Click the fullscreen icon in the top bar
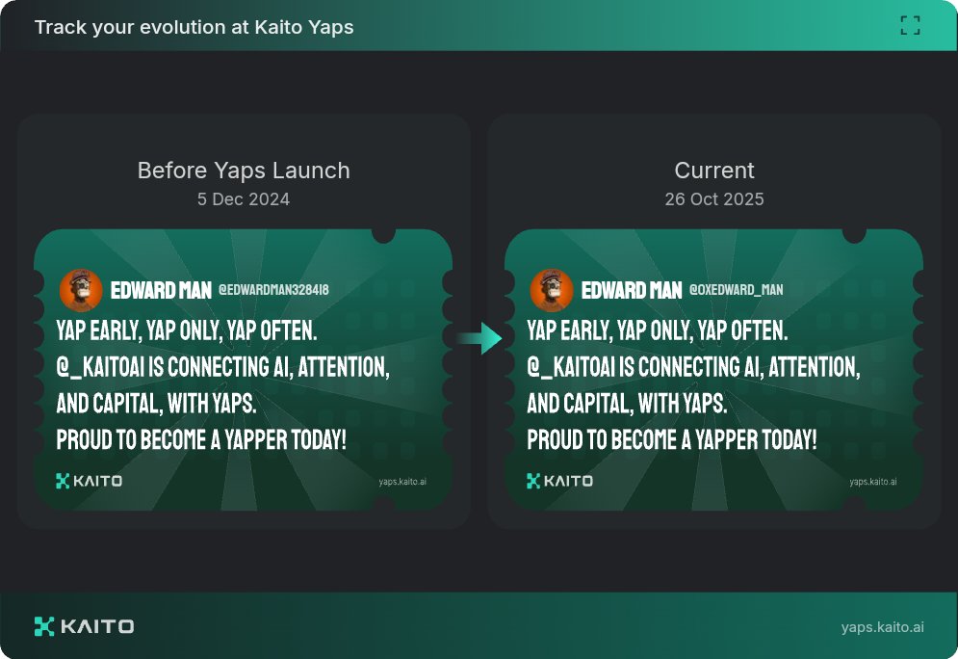point(910,26)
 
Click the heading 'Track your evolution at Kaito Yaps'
point(194,27)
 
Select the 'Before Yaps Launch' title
point(244,171)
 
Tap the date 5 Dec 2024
point(244,199)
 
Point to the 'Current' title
point(714,171)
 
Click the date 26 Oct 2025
point(714,199)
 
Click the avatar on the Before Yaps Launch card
point(81,290)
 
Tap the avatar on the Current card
point(552,290)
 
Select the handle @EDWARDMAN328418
point(274,290)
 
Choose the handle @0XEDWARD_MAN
point(736,290)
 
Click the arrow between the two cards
point(479,338)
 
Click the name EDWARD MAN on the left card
point(161,290)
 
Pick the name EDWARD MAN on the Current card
point(632,290)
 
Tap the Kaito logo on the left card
point(90,481)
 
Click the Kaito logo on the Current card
point(559,481)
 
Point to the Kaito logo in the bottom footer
point(84,626)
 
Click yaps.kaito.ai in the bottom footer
point(882,627)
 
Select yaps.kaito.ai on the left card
point(402,482)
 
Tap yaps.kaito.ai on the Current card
point(872,482)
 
